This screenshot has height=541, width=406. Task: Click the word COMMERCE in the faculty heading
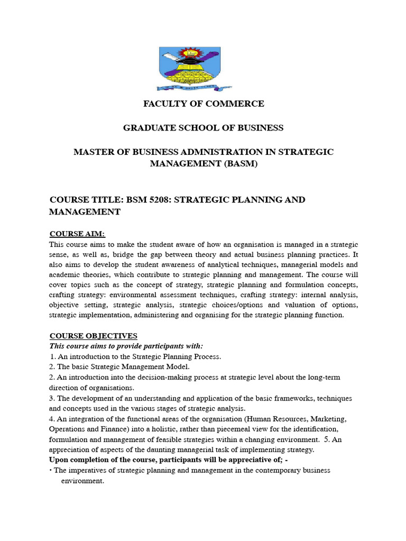(x=233, y=104)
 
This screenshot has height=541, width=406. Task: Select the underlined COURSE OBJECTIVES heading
(x=93, y=336)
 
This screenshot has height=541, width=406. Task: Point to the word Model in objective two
(x=177, y=367)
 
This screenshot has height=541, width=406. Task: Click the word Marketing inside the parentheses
(x=327, y=419)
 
